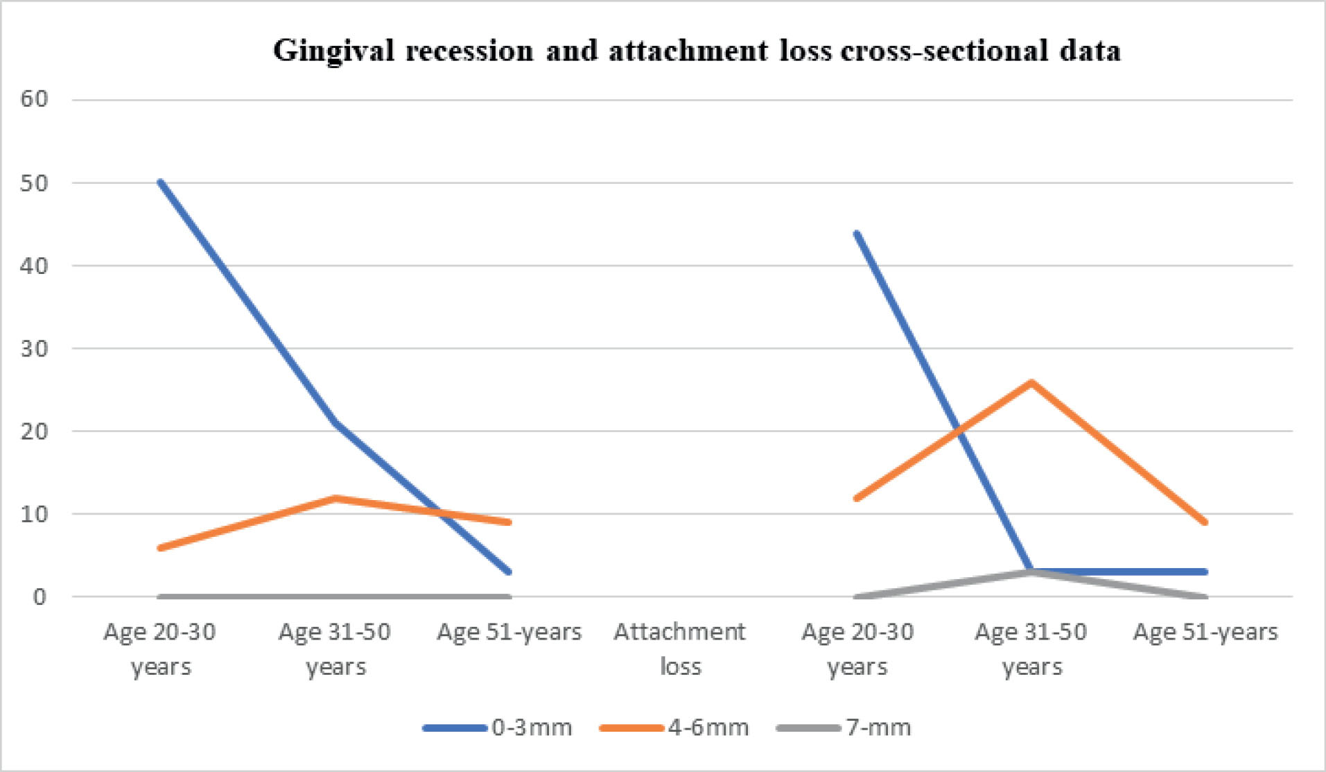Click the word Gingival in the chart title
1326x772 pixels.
(x=333, y=51)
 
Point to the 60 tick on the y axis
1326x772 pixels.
(x=34, y=99)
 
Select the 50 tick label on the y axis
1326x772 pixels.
(x=34, y=183)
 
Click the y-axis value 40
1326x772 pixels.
(x=34, y=266)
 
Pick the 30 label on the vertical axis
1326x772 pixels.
(x=34, y=348)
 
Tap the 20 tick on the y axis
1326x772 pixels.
(x=34, y=431)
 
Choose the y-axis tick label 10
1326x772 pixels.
(x=34, y=514)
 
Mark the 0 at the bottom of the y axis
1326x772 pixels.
(x=40, y=597)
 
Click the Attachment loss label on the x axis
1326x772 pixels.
(x=679, y=649)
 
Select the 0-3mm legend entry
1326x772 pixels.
(x=532, y=728)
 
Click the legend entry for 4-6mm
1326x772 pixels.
(x=708, y=728)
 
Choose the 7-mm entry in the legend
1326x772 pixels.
(x=878, y=728)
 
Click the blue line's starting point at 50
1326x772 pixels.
(x=160, y=182)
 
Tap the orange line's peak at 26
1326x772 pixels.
(x=1032, y=381)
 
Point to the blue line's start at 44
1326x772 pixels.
(x=857, y=233)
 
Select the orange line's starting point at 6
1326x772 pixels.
(x=160, y=548)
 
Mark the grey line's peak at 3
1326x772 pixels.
(x=1032, y=572)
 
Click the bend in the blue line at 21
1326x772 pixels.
(x=335, y=422)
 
